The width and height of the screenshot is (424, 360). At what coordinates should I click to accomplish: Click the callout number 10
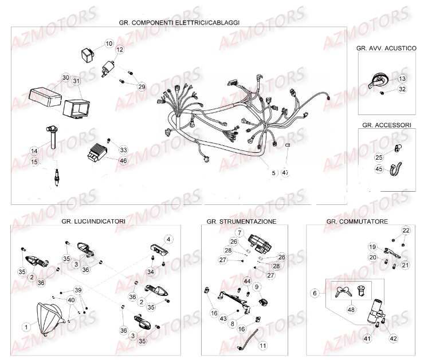point(109,44)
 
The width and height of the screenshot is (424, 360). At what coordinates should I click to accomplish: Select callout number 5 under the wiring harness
point(273,172)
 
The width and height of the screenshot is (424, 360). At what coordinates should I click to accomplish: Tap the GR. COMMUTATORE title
point(357,221)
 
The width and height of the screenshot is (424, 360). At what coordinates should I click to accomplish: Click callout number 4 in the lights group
point(168,239)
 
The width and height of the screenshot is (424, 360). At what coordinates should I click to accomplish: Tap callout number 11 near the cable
point(263,346)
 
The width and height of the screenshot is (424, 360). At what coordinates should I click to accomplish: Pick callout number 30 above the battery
point(65,78)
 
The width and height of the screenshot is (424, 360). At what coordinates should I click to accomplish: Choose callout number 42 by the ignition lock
point(392,338)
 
